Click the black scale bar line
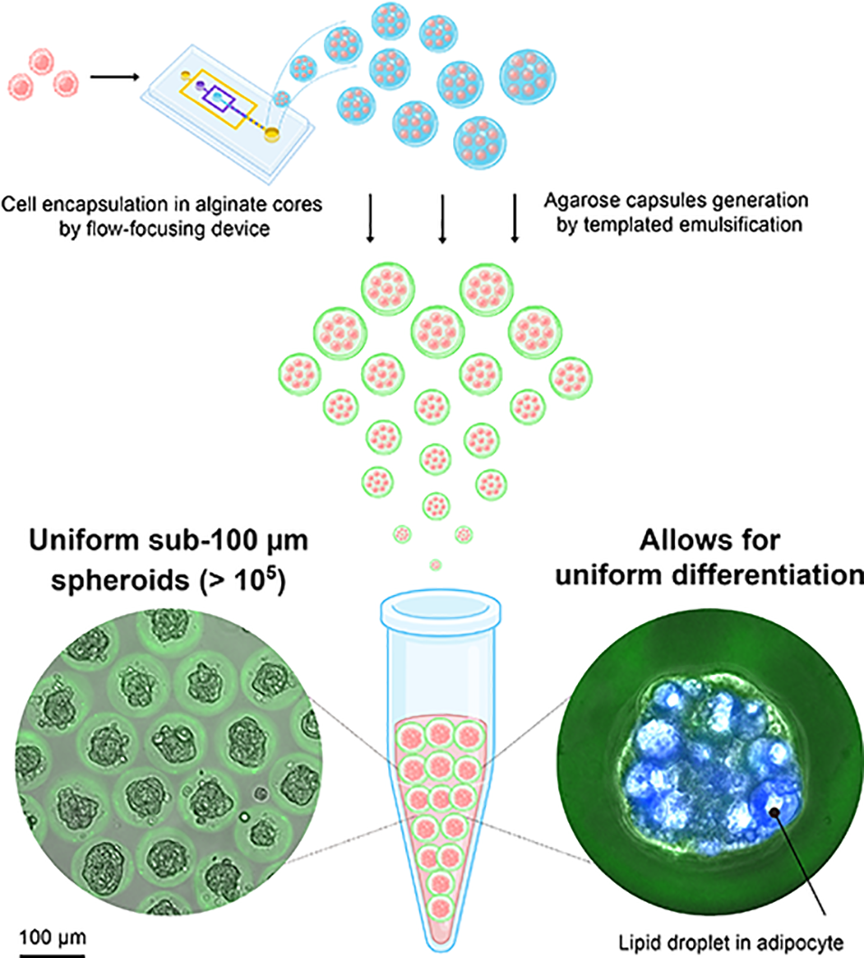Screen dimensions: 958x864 point(51,951)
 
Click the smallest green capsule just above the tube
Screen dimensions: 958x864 point(436,564)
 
